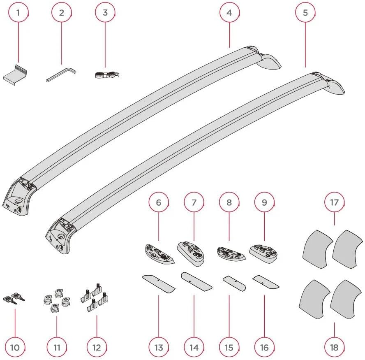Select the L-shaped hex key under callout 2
(x=61, y=74)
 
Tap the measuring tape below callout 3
(x=107, y=74)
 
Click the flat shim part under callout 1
(x=15, y=75)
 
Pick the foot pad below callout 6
(x=159, y=254)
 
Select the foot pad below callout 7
(x=191, y=254)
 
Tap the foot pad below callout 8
(x=231, y=254)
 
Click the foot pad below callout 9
(x=263, y=254)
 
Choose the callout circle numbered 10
(x=15, y=347)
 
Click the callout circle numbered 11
(x=57, y=347)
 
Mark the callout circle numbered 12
(x=97, y=347)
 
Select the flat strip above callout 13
(x=159, y=283)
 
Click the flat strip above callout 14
(x=196, y=282)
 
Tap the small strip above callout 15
(x=234, y=283)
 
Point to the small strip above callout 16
(x=266, y=282)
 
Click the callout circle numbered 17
(x=334, y=202)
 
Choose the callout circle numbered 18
(x=334, y=347)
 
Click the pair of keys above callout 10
(x=14, y=298)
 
